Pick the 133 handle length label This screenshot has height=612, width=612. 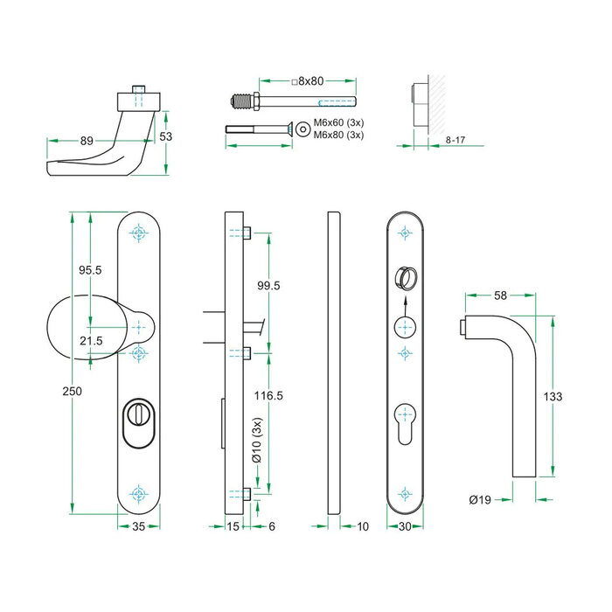pyautogui.click(x=552, y=396)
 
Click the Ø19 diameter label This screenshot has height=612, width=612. pyautogui.click(x=479, y=500)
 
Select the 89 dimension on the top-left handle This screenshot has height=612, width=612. pyautogui.click(x=87, y=141)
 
